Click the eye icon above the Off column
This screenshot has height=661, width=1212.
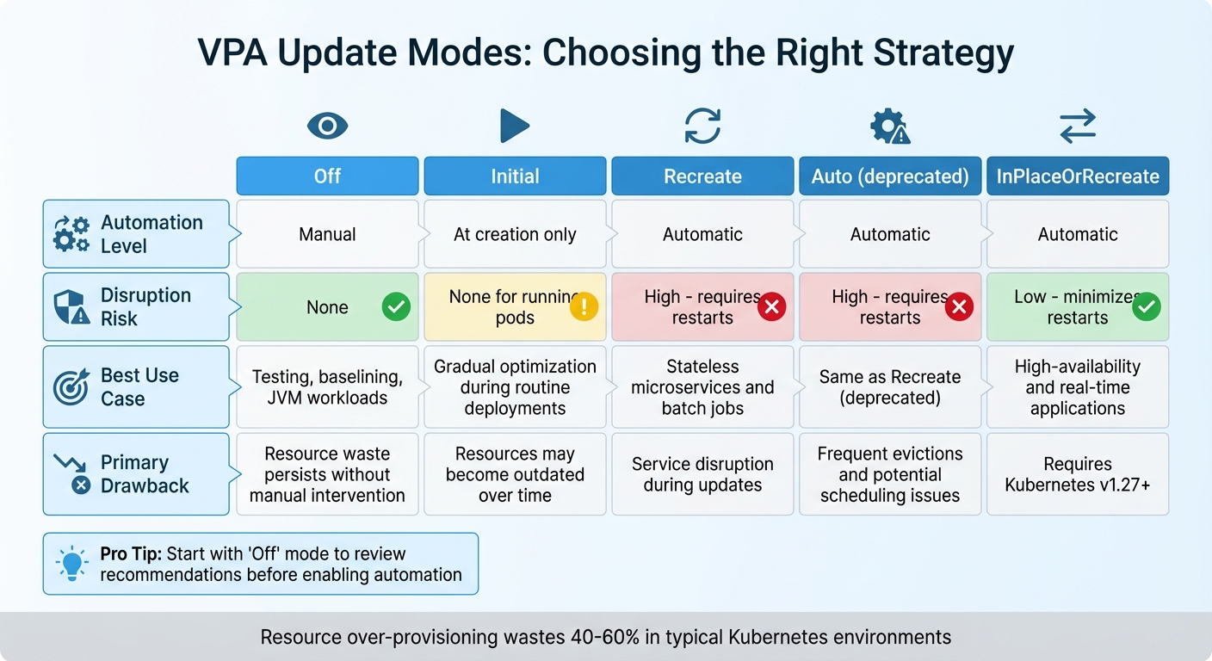(327, 127)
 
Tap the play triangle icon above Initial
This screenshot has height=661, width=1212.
(514, 127)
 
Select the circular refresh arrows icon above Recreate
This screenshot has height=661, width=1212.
(702, 127)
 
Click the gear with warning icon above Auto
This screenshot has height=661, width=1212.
(889, 127)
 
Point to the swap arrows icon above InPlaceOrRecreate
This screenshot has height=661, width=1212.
(1077, 127)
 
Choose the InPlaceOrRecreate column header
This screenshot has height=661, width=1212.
(1077, 176)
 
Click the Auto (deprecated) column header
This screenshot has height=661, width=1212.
(890, 176)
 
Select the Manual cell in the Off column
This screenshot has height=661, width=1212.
(327, 234)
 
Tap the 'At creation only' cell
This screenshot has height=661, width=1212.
(515, 234)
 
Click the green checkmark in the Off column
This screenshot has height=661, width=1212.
(396, 306)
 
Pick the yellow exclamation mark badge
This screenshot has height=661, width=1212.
(584, 306)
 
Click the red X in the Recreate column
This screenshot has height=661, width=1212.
(771, 306)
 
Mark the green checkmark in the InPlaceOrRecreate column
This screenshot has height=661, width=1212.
(1146, 306)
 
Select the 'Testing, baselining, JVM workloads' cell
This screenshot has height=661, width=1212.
(327, 387)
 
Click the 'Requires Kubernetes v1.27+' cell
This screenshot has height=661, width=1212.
(1077, 474)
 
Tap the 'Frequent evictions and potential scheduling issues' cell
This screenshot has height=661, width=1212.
(890, 474)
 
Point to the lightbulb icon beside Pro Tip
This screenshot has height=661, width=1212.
(72, 564)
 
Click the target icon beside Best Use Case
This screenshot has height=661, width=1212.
(71, 387)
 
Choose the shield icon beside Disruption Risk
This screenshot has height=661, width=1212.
(71, 307)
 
